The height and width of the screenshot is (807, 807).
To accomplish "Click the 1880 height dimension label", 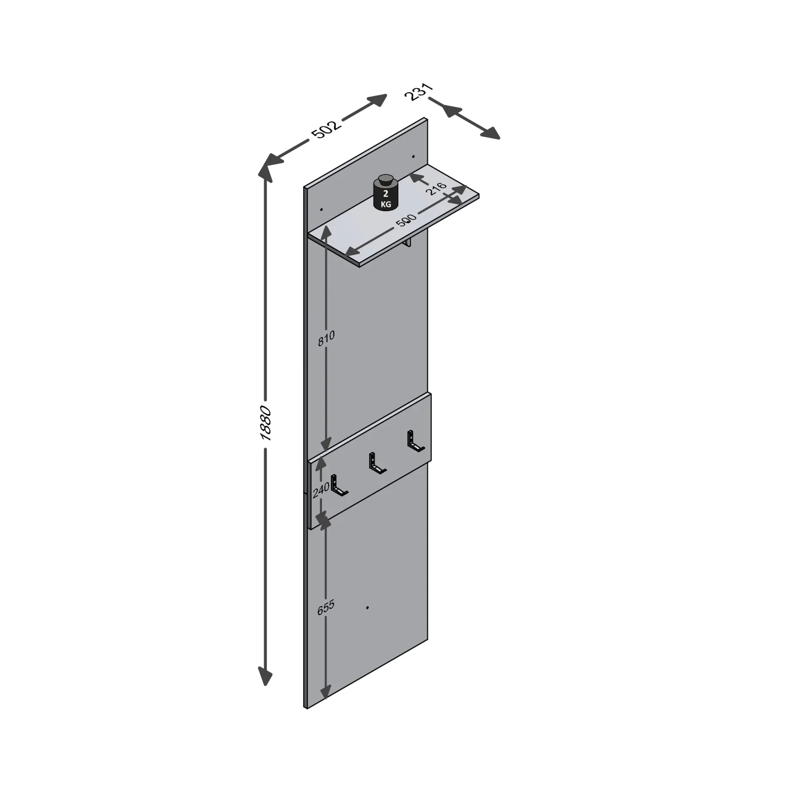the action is [x=266, y=423].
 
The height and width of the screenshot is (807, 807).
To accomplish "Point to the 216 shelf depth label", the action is [x=437, y=189].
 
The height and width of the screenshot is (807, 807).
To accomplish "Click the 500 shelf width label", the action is [x=406, y=221].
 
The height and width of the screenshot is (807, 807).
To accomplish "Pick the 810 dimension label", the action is [x=326, y=338].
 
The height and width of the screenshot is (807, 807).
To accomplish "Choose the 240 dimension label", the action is [x=321, y=490].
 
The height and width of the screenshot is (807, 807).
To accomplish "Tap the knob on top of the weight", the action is [x=386, y=179].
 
